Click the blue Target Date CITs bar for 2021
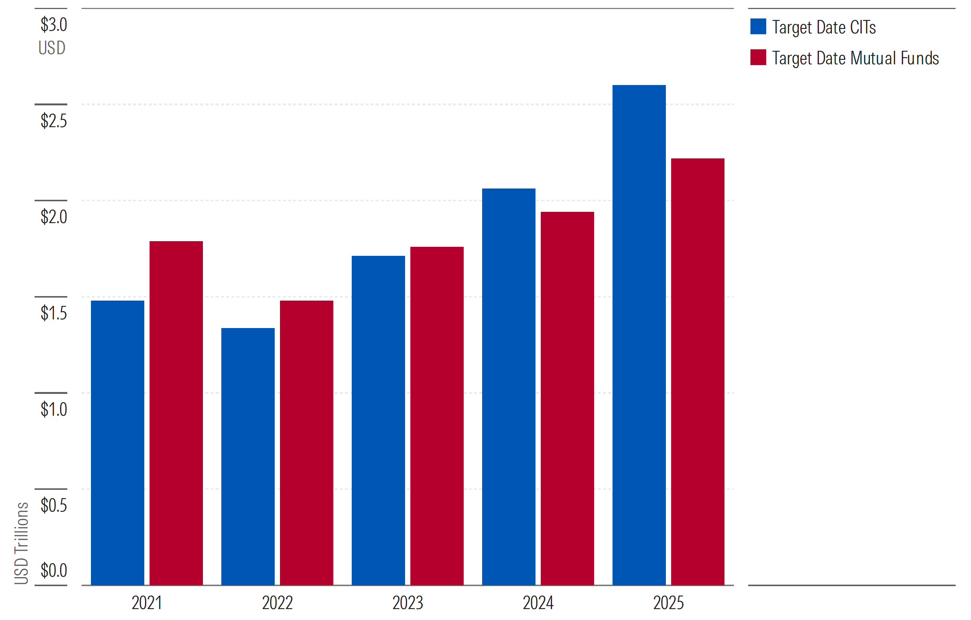(117, 442)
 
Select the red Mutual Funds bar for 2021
(176, 413)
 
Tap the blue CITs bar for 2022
(248, 456)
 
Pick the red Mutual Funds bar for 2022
(307, 442)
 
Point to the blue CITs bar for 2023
(378, 420)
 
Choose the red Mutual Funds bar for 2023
(437, 416)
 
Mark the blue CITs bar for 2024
(509, 387)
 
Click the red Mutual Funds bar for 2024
(567, 398)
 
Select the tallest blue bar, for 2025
(639, 335)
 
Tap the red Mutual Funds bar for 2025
(697, 372)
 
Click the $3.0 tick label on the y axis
(54, 24)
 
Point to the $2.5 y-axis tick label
(54, 121)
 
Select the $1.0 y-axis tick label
(54, 409)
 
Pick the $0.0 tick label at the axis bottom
(54, 570)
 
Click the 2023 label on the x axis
(408, 603)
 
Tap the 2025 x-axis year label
(669, 603)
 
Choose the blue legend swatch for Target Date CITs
(758, 27)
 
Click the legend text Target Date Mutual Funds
(856, 58)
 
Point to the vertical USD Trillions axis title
(21, 543)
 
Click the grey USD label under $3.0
(52, 48)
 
